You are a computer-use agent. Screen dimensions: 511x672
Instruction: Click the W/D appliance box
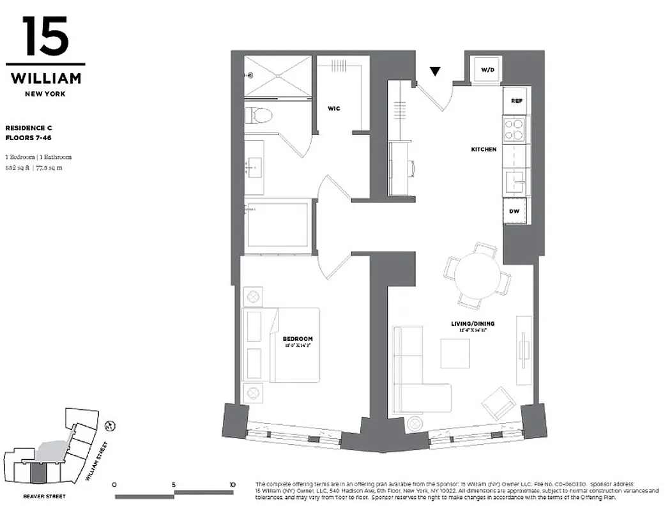[x=487, y=69]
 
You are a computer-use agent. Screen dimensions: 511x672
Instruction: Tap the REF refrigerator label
[x=517, y=101]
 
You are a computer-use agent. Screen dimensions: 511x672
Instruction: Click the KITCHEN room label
[x=484, y=149]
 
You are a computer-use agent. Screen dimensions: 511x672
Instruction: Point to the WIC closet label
[x=333, y=109]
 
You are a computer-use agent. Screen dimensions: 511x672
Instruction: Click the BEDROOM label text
[x=298, y=339]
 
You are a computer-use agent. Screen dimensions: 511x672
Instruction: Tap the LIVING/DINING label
[x=473, y=324]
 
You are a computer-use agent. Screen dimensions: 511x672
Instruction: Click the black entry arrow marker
[x=435, y=72]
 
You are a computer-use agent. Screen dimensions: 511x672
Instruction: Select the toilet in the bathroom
[x=259, y=116]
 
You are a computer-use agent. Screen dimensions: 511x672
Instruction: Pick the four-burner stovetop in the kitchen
[x=515, y=130]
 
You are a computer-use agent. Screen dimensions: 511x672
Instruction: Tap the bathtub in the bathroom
[x=279, y=225]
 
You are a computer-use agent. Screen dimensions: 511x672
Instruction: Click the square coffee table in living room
[x=455, y=353]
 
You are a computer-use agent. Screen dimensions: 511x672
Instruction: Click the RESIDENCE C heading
[x=29, y=128]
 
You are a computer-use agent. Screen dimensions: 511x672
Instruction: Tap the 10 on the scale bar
[x=232, y=485]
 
